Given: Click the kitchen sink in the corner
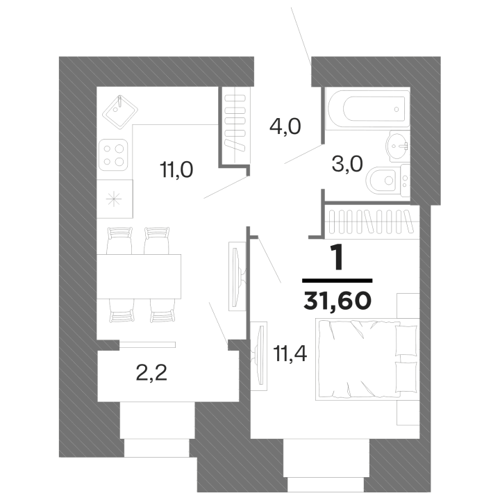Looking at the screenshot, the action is [x=120, y=112].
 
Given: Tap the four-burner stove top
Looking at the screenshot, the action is [x=113, y=155].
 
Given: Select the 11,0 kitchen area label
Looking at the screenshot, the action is [x=177, y=170].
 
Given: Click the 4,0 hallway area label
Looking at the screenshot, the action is [x=285, y=126].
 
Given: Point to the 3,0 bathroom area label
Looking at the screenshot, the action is [x=347, y=164].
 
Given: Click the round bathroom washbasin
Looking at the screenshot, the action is [x=398, y=147].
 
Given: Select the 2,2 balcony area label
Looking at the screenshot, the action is [x=151, y=373].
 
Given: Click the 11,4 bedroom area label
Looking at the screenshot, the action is [x=290, y=353].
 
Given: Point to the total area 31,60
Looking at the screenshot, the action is [x=337, y=301].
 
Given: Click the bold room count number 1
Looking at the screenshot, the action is [x=338, y=258].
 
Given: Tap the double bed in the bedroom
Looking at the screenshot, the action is [x=367, y=359].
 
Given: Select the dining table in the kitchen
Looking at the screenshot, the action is [x=139, y=276].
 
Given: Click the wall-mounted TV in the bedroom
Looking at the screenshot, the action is [x=258, y=356].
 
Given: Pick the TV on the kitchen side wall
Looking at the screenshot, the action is [x=237, y=276].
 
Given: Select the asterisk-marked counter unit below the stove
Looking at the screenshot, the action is [x=115, y=199].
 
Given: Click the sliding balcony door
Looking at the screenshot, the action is [x=148, y=344].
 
